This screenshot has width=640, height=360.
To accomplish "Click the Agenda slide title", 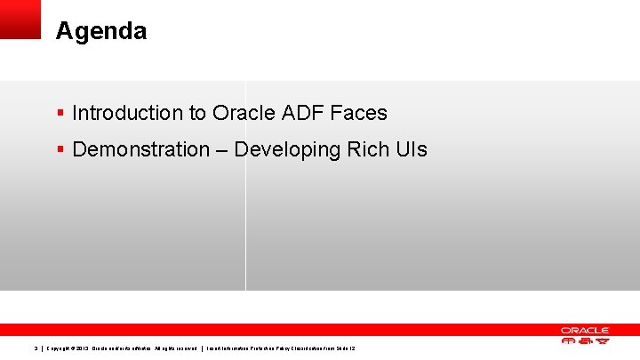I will tap(100, 32).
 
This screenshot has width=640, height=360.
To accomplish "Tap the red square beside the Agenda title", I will tap(20, 19).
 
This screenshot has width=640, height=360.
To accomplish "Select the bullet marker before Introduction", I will tap(60, 114).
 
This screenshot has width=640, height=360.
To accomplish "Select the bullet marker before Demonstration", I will tap(60, 150).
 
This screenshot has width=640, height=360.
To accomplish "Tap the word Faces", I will tap(358, 113).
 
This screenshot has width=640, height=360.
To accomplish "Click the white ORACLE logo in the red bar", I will tap(584, 330).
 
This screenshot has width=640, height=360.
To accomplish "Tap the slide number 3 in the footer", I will tap(35, 348).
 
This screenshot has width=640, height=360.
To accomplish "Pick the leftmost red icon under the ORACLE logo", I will tap(569, 340).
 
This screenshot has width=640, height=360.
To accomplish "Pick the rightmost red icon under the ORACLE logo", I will tap(601, 340).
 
